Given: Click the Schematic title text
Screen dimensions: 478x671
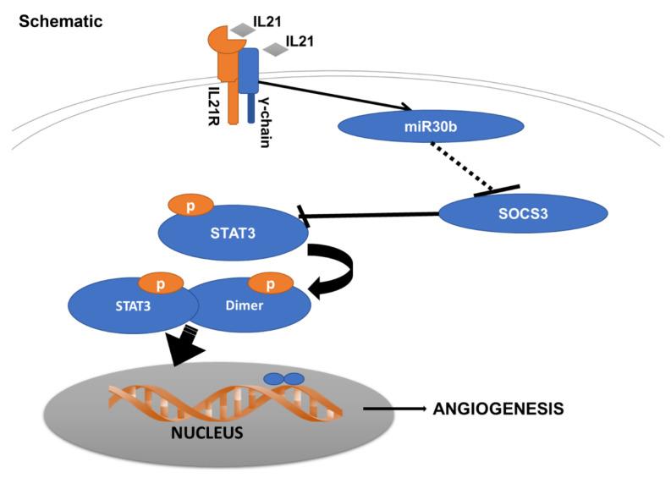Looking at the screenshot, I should point(60,20).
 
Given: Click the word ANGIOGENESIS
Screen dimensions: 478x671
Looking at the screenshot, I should point(498,409).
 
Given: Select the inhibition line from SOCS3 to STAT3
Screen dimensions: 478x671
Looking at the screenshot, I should point(372,217).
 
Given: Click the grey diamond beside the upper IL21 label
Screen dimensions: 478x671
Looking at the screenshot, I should point(243,30).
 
